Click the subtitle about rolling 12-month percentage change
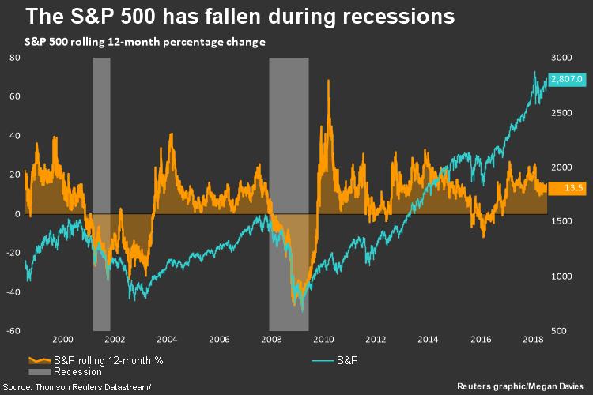[x=138, y=41]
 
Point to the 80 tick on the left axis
[x=14, y=58]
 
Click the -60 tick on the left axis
[x=13, y=330]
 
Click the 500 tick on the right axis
[x=561, y=330]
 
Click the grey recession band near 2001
[x=101, y=194]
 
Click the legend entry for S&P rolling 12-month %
[x=103, y=360]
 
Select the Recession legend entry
[x=77, y=371]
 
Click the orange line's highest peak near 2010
[x=327, y=81]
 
